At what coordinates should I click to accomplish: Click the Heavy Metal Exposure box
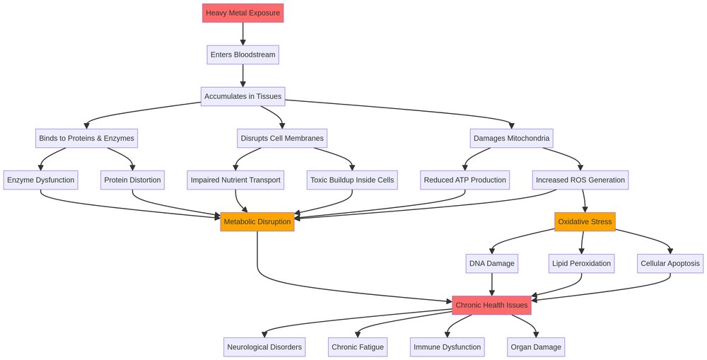(x=243, y=13)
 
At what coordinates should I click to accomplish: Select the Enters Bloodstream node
(x=243, y=54)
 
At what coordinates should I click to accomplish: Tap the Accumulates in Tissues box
(x=243, y=96)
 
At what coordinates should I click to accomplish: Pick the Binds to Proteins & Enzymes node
(x=86, y=138)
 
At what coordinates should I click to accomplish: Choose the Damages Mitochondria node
(x=510, y=138)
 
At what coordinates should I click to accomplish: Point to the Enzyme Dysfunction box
(x=40, y=180)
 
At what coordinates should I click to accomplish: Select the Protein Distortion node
(x=132, y=180)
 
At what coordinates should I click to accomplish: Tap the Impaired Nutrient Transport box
(x=235, y=180)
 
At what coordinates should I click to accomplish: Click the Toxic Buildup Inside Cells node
(x=352, y=180)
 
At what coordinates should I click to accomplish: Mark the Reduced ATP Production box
(x=464, y=180)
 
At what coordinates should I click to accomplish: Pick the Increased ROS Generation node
(x=580, y=180)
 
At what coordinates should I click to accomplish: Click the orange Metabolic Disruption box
(x=257, y=221)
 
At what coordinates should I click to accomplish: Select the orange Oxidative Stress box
(x=585, y=221)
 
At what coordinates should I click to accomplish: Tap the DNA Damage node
(x=492, y=264)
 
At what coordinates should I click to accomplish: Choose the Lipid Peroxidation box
(x=580, y=264)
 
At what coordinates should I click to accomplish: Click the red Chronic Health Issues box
(x=491, y=305)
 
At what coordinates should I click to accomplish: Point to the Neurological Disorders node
(x=265, y=347)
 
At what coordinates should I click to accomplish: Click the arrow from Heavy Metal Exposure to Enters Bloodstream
(x=243, y=33)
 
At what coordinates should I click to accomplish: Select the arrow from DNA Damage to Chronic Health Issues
(x=492, y=284)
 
